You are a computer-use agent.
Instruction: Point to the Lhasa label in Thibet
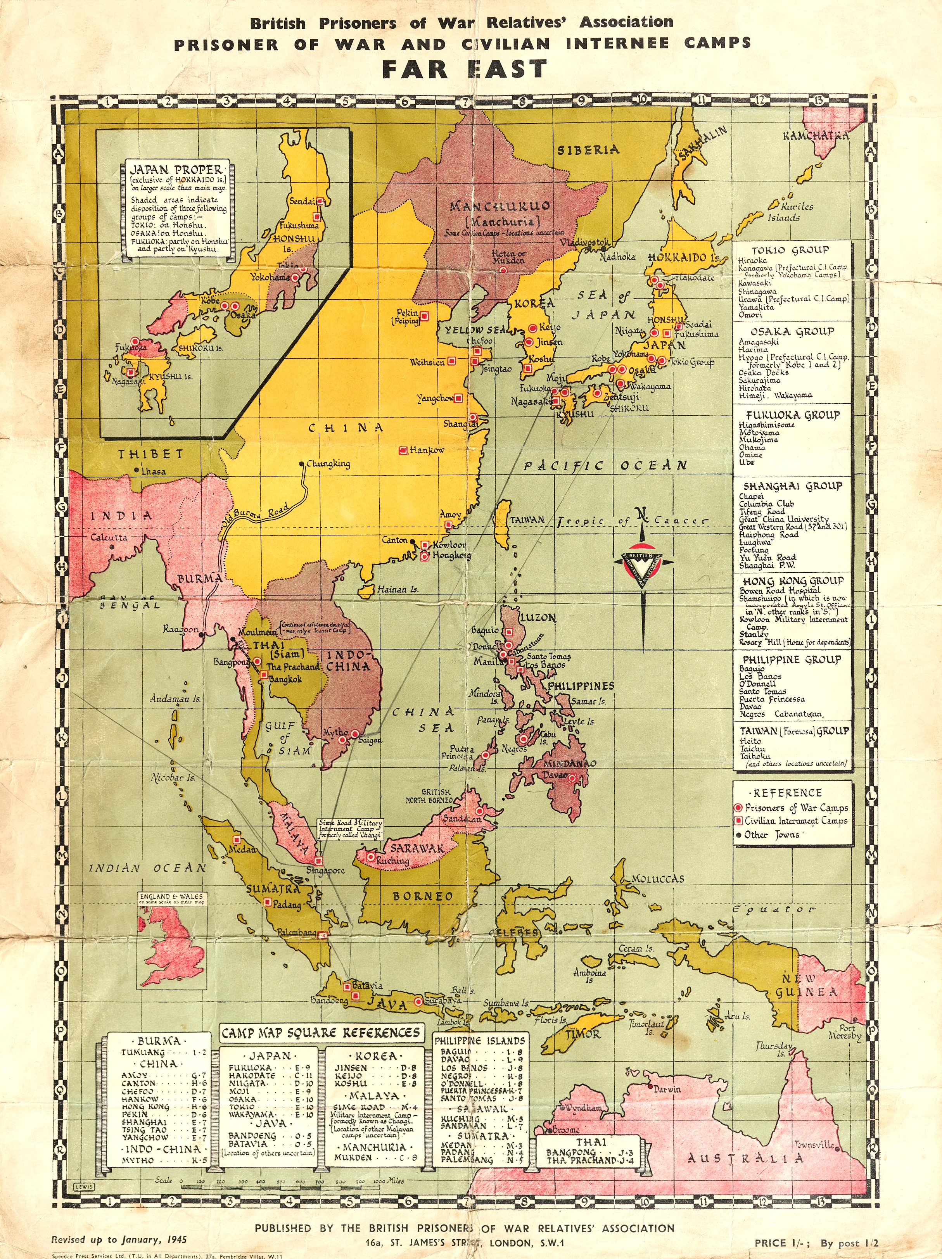(154, 471)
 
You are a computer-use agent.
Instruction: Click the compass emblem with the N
(643, 563)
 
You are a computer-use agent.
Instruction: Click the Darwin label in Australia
(667, 1090)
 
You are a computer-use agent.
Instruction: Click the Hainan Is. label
(398, 590)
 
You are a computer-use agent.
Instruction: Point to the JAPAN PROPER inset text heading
(176, 169)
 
